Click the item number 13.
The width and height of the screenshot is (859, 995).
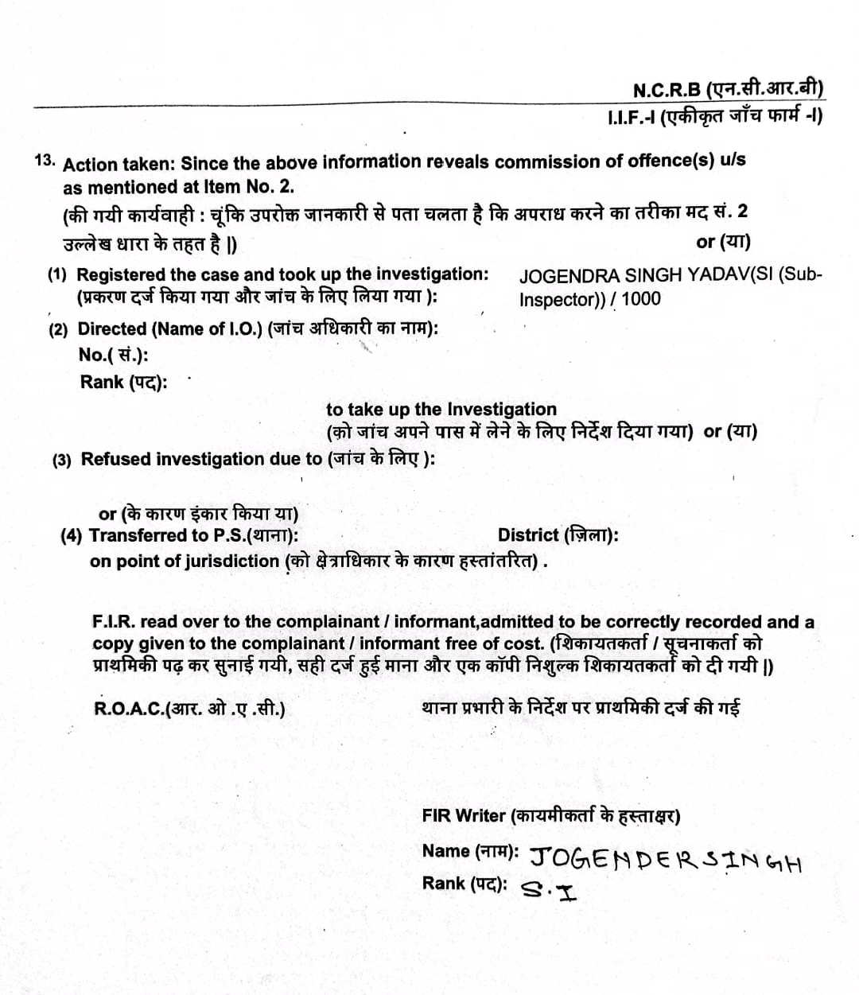point(45,158)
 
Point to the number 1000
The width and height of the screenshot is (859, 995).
point(641,299)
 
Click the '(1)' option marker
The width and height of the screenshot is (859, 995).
point(57,275)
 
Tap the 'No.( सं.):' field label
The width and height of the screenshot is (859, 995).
point(113,355)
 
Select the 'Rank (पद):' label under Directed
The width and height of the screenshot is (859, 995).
point(123,382)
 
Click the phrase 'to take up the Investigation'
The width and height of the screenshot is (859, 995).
point(441,410)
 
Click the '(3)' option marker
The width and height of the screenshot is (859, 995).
point(62,460)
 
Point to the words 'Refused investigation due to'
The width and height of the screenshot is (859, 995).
point(202,459)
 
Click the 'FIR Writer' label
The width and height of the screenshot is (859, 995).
point(464,815)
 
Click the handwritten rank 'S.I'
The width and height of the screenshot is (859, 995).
point(549,889)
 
